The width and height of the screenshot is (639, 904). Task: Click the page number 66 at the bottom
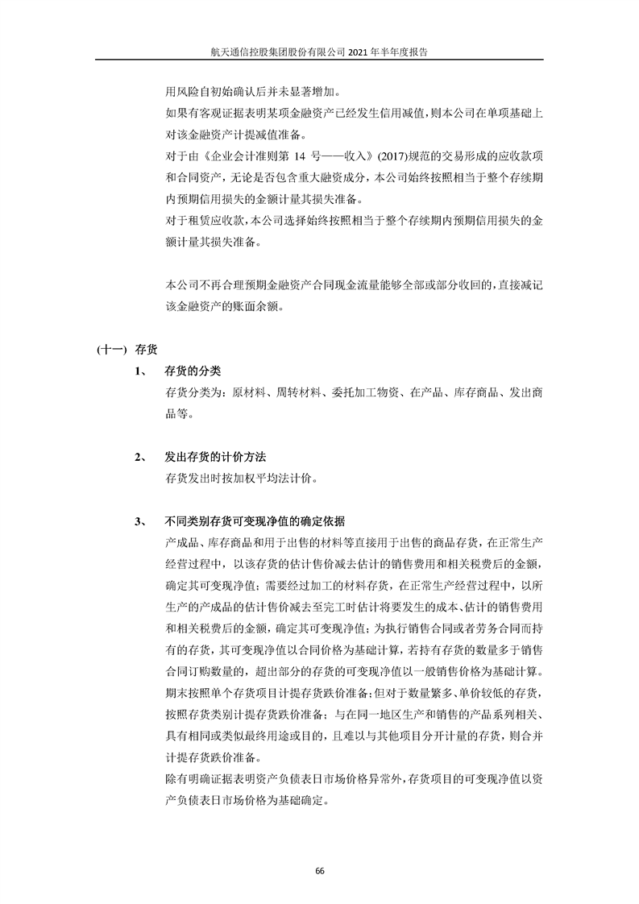pos(319,871)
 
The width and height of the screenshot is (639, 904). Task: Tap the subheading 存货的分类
pos(193,371)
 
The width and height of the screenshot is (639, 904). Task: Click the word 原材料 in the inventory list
pos(248,393)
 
